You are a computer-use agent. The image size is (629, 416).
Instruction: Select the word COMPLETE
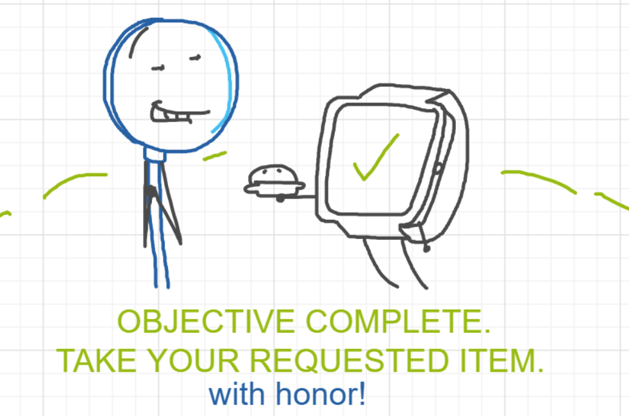398,322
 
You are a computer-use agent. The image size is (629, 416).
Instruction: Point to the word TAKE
96,360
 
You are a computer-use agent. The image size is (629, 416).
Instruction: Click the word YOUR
194,360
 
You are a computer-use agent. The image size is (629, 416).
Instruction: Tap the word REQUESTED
349,360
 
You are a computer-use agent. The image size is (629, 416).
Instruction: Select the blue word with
237,394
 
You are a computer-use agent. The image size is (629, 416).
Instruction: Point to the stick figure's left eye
158,68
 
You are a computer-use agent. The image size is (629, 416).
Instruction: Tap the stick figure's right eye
195,58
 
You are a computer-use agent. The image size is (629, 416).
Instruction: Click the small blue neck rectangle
155,154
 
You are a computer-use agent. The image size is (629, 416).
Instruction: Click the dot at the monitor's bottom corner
427,249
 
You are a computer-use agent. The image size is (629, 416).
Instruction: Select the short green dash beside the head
215,156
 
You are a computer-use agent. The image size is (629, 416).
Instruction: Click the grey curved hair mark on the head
137,40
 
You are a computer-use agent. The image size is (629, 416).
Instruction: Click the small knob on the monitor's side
438,169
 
